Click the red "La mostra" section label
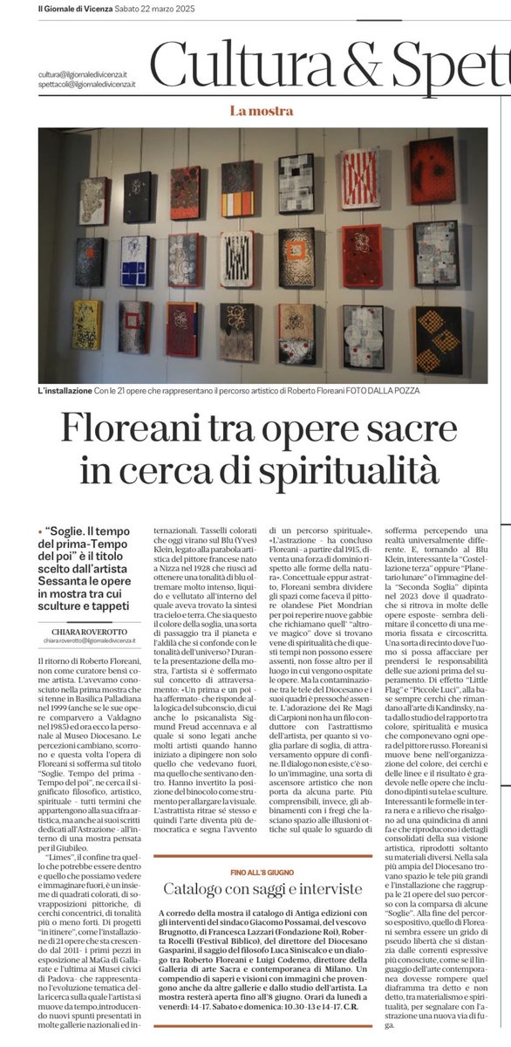(255, 111)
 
